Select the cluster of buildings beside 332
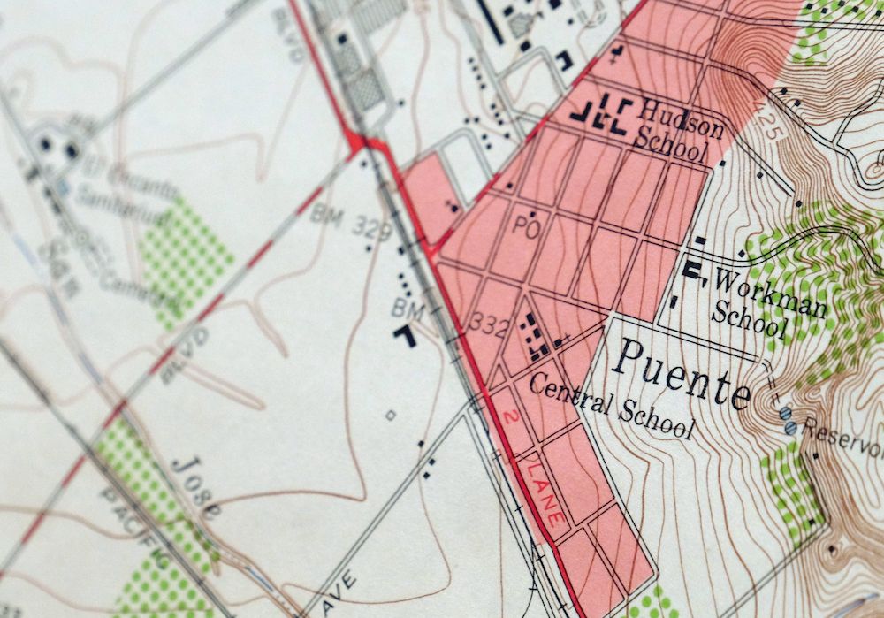click(532, 337)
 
